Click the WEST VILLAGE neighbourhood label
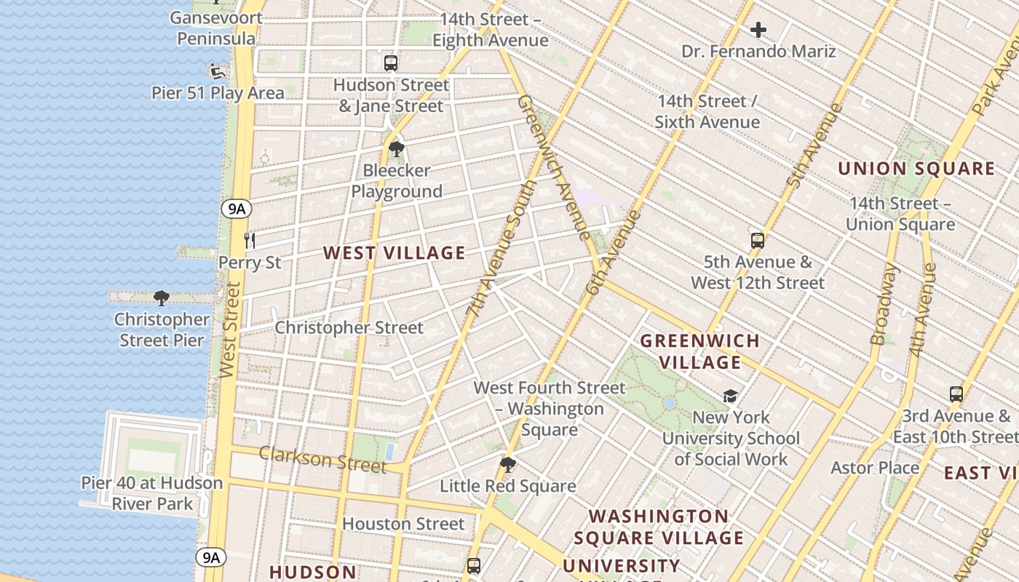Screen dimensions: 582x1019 coord(394,253)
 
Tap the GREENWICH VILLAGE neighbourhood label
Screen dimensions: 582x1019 coord(699,351)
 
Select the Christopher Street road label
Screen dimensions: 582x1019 coord(349,327)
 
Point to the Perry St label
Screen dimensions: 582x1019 coord(250,262)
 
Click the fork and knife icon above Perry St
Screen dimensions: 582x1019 coord(250,240)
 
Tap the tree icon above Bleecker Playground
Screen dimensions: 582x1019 coord(397,150)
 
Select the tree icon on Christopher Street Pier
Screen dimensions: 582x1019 coord(162,298)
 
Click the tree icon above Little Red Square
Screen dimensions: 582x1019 coord(508,464)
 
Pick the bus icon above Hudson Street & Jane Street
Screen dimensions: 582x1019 coord(391,63)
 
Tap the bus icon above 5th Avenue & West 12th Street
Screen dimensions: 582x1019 coord(757,241)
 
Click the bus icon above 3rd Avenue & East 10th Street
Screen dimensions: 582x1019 coord(956,394)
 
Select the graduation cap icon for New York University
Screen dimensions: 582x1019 coord(730,396)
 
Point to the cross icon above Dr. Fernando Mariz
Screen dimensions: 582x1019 coord(758,30)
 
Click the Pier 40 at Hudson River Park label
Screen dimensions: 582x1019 coord(151,493)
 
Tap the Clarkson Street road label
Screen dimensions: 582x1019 coord(322,459)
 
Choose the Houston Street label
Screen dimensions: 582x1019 coord(403,524)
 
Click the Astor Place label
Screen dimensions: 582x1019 coord(875,468)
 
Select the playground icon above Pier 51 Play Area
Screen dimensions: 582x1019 coord(215,71)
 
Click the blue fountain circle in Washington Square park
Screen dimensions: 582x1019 coord(670,402)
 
